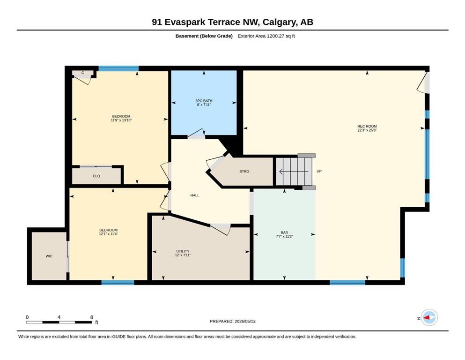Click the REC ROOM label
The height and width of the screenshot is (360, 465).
[x=367, y=127]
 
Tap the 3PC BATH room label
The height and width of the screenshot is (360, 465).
[x=204, y=101]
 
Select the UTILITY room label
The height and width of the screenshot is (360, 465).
[x=183, y=251]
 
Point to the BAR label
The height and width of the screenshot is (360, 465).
[x=284, y=232]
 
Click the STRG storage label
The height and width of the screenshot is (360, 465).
[x=244, y=171]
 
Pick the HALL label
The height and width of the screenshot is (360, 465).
[x=195, y=195]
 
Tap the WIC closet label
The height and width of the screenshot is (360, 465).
[x=49, y=256]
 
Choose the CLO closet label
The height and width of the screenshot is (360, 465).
[x=96, y=176]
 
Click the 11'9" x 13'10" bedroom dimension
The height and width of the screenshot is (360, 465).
[x=121, y=120]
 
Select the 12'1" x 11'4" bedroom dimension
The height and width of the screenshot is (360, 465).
[x=108, y=234]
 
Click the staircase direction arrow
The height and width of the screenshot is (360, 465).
[x=294, y=171]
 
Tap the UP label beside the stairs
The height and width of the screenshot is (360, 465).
[x=319, y=171]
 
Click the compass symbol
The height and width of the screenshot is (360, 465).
[x=429, y=317]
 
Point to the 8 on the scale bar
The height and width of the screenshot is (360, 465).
[x=92, y=317]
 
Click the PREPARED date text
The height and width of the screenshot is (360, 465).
[x=232, y=321]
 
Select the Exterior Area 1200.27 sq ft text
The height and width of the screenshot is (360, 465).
[x=266, y=36]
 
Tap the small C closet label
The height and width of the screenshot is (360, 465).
[x=83, y=73]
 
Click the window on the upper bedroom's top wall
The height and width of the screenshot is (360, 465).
[x=118, y=68]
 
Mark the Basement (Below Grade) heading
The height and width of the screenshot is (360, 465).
[x=204, y=36]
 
